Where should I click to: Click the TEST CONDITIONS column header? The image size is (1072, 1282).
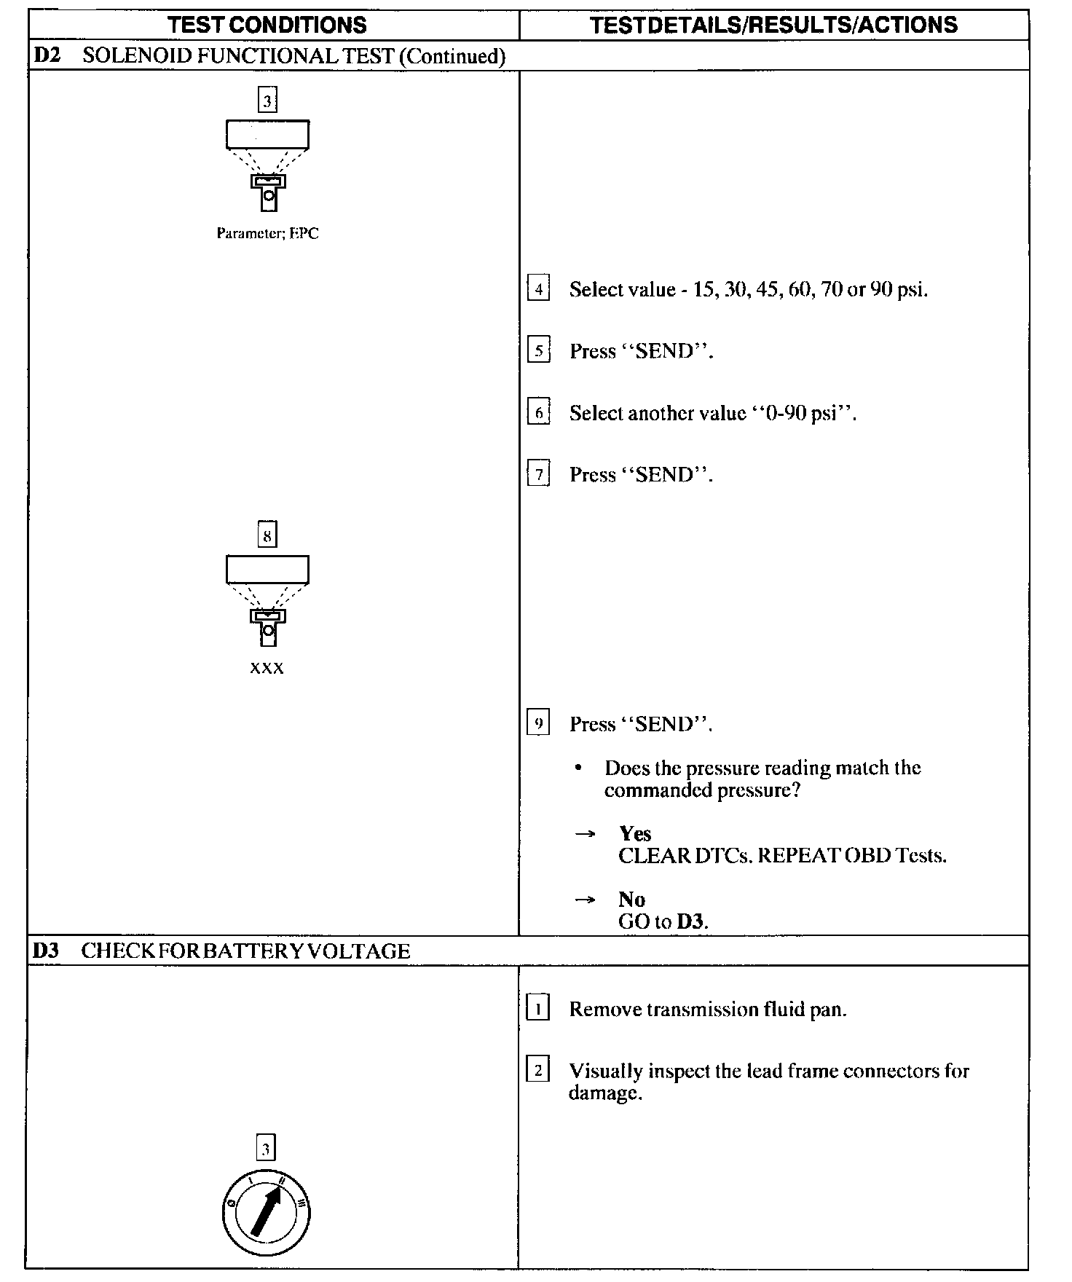pyautogui.click(x=267, y=25)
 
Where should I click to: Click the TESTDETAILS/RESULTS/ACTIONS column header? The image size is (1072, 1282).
pyautogui.click(x=773, y=25)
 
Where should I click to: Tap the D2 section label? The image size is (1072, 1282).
pyautogui.click(x=47, y=56)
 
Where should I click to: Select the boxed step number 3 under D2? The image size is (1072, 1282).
pyautogui.click(x=267, y=101)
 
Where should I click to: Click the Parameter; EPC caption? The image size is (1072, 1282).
pyautogui.click(x=267, y=234)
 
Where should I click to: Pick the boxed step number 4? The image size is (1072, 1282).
pyautogui.click(x=538, y=289)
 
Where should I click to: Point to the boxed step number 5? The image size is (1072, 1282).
pyautogui.click(x=538, y=351)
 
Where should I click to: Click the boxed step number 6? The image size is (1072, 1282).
pyautogui.click(x=538, y=413)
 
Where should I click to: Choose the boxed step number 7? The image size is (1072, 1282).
pyautogui.click(x=538, y=475)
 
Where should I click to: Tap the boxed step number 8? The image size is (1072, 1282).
pyautogui.click(x=267, y=535)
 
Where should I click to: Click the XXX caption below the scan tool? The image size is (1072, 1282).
pyautogui.click(x=267, y=668)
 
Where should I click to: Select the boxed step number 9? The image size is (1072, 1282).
pyautogui.click(x=538, y=723)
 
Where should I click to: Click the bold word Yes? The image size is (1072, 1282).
pyautogui.click(x=635, y=833)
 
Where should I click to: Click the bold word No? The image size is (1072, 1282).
pyautogui.click(x=631, y=899)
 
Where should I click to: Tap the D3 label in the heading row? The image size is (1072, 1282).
pyautogui.click(x=47, y=951)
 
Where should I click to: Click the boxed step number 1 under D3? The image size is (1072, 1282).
pyautogui.click(x=537, y=1009)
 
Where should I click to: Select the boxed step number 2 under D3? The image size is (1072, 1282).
pyautogui.click(x=537, y=1071)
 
